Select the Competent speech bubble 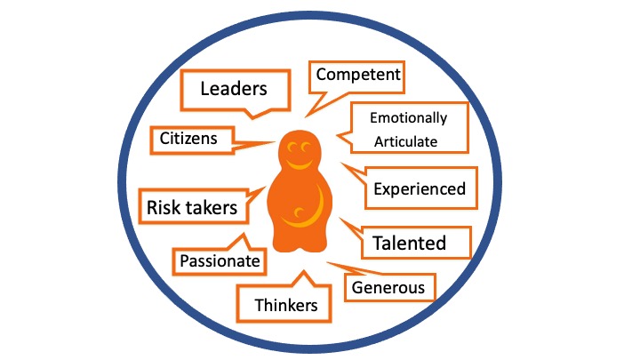[357, 76]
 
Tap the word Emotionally [409, 117]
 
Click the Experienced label [419, 188]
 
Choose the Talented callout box [409, 241]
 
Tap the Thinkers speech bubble [285, 305]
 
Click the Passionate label [220, 260]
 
